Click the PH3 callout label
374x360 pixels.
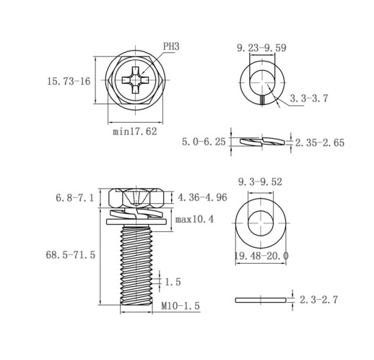coord(171,46)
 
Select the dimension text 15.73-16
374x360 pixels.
coord(69,81)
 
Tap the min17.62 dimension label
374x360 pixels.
coord(135,132)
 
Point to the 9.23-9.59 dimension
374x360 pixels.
coord(261,48)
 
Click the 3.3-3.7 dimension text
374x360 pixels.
coord(309,98)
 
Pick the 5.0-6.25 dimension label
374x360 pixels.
coord(204,142)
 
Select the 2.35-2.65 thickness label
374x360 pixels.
coord(320,142)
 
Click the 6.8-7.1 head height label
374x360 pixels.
coord(74,198)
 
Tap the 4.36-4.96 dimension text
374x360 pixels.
coord(202,197)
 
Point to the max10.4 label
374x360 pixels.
coord(194,219)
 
